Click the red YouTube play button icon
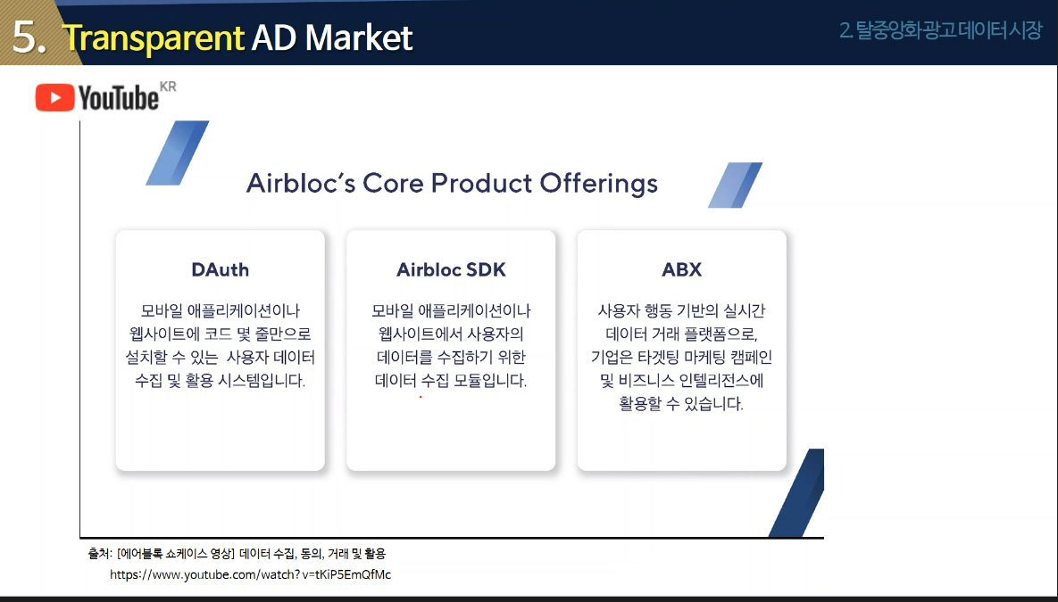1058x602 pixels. pos(54,98)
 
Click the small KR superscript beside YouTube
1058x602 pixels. pos(168,87)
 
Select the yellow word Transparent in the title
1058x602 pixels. pos(154,37)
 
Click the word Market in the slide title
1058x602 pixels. pos(359,37)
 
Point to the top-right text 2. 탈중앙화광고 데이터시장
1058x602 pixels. pos(941,30)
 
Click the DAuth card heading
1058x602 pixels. pos(220,269)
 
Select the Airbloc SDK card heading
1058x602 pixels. pos(451,269)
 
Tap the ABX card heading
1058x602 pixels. pos(681,269)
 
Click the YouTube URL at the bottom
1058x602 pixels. pos(250,575)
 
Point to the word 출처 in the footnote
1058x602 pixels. pos(99,554)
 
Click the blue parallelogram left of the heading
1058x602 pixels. pos(178,153)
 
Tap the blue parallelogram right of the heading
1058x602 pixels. pos(735,185)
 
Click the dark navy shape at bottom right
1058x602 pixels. pos(800,493)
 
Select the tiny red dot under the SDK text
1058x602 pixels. pos(421,397)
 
